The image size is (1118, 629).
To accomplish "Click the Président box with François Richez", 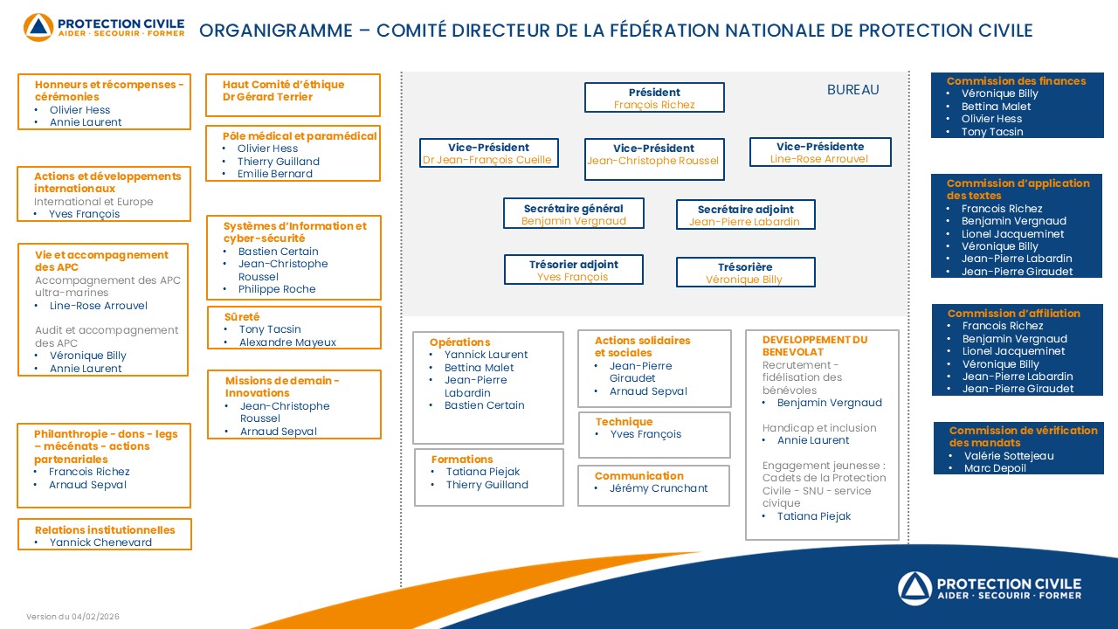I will (x=654, y=98).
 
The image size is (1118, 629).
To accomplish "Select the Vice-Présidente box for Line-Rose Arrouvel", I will (x=820, y=152).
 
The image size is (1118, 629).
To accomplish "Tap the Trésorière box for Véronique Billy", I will (x=745, y=273).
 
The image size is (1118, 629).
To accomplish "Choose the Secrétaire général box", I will (x=573, y=214).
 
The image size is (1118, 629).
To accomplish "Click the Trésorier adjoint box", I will (x=573, y=270).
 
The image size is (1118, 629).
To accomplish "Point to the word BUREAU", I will (x=852, y=90).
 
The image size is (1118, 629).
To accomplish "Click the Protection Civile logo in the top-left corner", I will (x=104, y=27).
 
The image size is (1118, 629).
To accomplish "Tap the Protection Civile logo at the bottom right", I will (x=990, y=587).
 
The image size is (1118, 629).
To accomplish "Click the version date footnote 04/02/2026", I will (x=72, y=617).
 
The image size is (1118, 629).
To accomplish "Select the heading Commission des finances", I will (x=1016, y=81).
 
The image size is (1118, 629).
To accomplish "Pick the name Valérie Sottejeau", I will (x=1009, y=456).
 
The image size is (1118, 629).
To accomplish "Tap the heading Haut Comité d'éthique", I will (x=283, y=85).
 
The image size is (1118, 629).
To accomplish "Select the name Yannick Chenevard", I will (x=100, y=543).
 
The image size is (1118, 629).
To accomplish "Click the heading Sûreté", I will (x=242, y=317).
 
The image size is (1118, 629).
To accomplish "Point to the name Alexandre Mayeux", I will (x=287, y=342).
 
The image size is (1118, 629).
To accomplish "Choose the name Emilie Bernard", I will (x=274, y=174).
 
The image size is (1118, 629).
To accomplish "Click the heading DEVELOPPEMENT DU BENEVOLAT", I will (x=814, y=346).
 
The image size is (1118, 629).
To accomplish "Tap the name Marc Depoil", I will (x=995, y=468).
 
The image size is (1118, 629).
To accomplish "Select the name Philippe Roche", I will (x=277, y=289).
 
